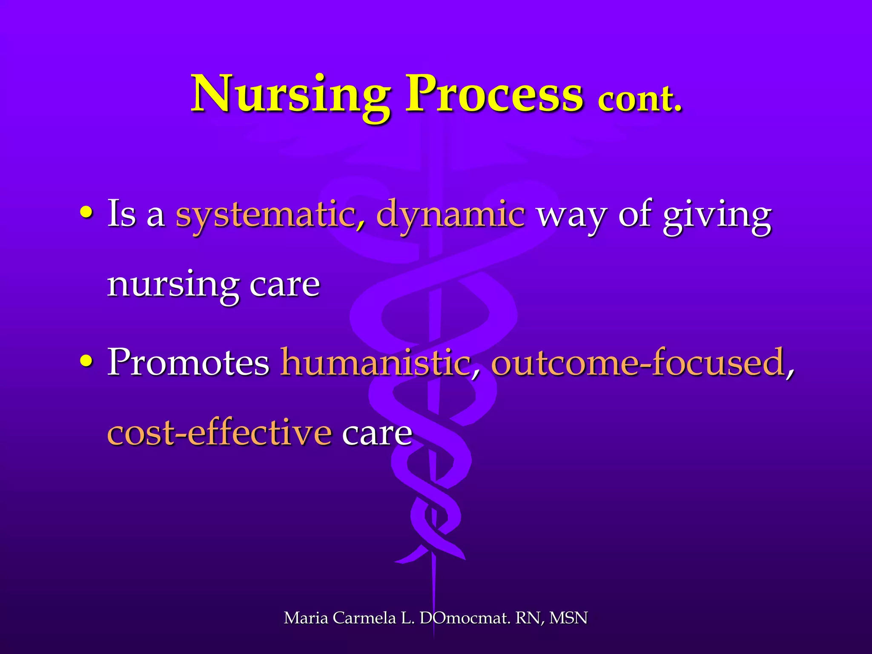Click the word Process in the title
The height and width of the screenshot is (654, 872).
coord(494,95)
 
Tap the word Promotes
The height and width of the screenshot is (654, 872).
coord(188,362)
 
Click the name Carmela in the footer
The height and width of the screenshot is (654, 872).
coord(364,618)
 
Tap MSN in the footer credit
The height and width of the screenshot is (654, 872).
coord(568,618)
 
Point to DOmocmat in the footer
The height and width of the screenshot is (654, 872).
coord(464,618)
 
